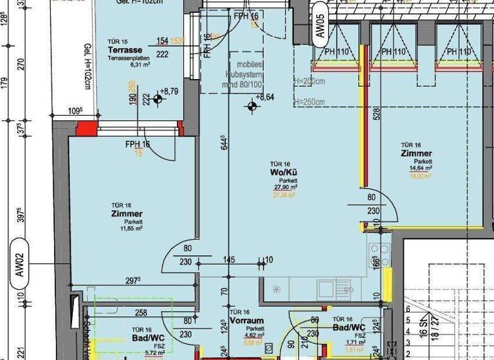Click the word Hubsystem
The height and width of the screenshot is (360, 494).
[x=241, y=75]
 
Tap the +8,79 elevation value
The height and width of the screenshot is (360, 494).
[x=169, y=92]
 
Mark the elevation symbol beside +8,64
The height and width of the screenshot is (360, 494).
[x=252, y=106]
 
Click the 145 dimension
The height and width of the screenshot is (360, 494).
[x=230, y=260]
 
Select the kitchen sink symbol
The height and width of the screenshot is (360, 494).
[x=334, y=288]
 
